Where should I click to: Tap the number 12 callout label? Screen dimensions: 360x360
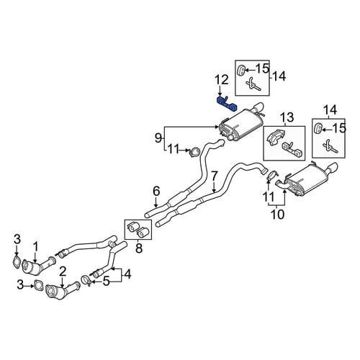(221, 80)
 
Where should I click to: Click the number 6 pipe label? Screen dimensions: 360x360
(156, 192)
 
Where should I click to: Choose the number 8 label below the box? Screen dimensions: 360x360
(139, 248)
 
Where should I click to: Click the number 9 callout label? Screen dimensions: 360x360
(158, 138)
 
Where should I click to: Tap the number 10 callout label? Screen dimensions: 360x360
(277, 215)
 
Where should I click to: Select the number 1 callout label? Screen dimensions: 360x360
(35, 247)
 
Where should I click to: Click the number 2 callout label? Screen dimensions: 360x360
(62, 271)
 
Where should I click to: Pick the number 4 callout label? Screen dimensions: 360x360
(127, 274)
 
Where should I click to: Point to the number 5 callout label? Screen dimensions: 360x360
(106, 281)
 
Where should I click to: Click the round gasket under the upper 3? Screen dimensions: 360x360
(17, 262)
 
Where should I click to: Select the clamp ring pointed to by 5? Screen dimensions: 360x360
(86, 281)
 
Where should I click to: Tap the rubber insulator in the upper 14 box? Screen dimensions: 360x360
(241, 70)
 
